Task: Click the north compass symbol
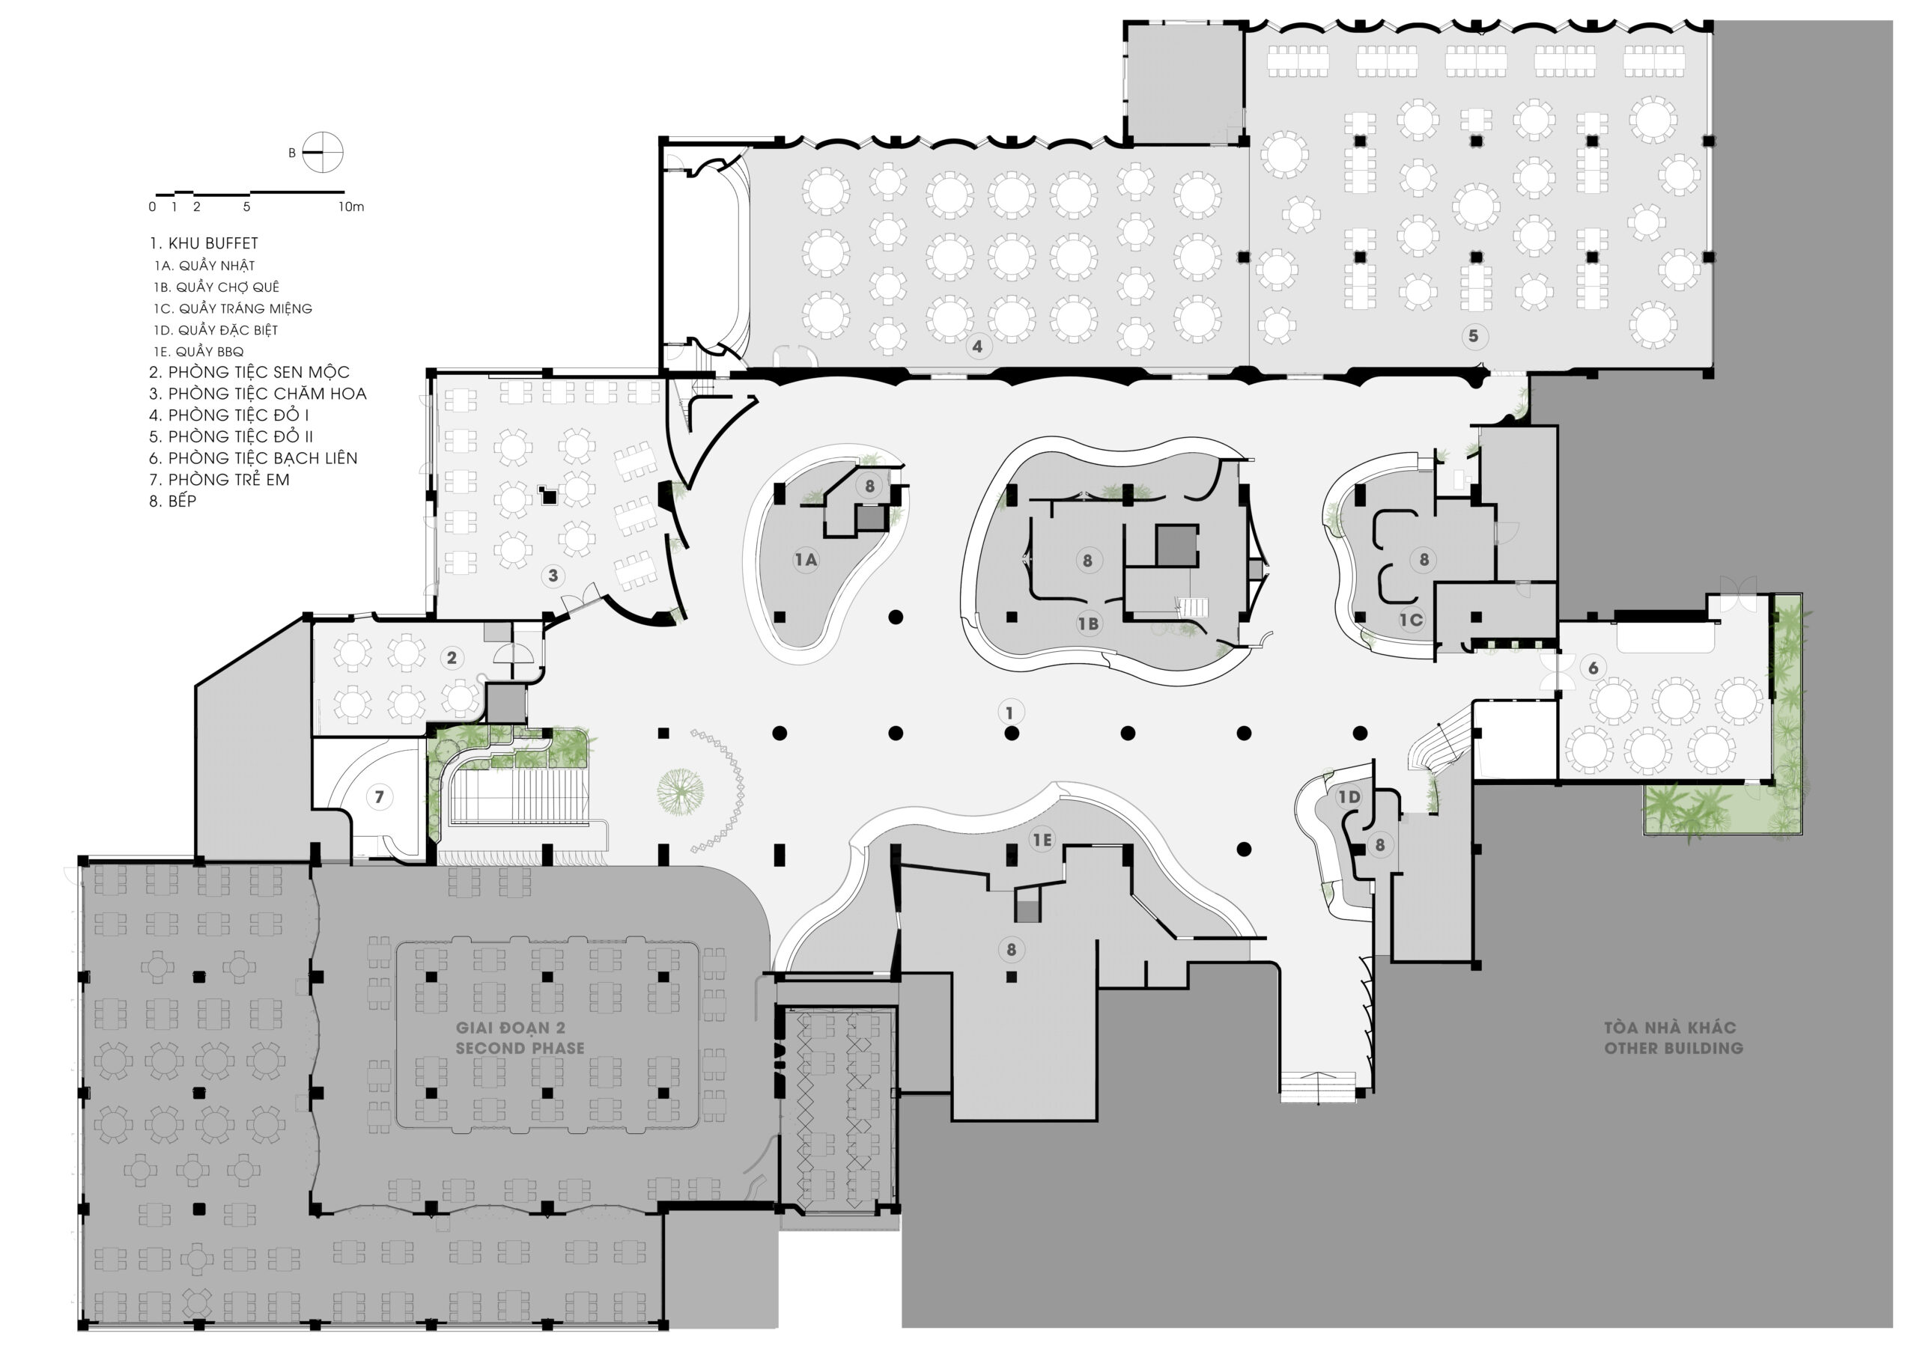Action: [322, 153]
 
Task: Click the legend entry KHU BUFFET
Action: [204, 244]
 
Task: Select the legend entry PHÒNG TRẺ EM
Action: [219, 480]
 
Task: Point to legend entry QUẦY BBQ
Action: [198, 353]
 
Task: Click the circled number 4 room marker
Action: [978, 346]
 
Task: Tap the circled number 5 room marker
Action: [1474, 336]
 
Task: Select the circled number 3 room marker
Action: [553, 575]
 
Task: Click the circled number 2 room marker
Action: [452, 658]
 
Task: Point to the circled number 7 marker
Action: [379, 797]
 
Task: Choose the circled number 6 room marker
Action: [1593, 668]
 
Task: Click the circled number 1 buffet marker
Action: [1010, 713]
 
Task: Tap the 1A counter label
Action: [806, 560]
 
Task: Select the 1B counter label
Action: [1088, 623]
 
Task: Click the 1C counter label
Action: [1411, 620]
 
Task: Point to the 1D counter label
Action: [1349, 797]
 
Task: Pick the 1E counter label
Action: [1042, 841]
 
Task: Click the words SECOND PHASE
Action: [520, 1049]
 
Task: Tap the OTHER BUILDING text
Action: [1674, 1049]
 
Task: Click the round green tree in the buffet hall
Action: [681, 792]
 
